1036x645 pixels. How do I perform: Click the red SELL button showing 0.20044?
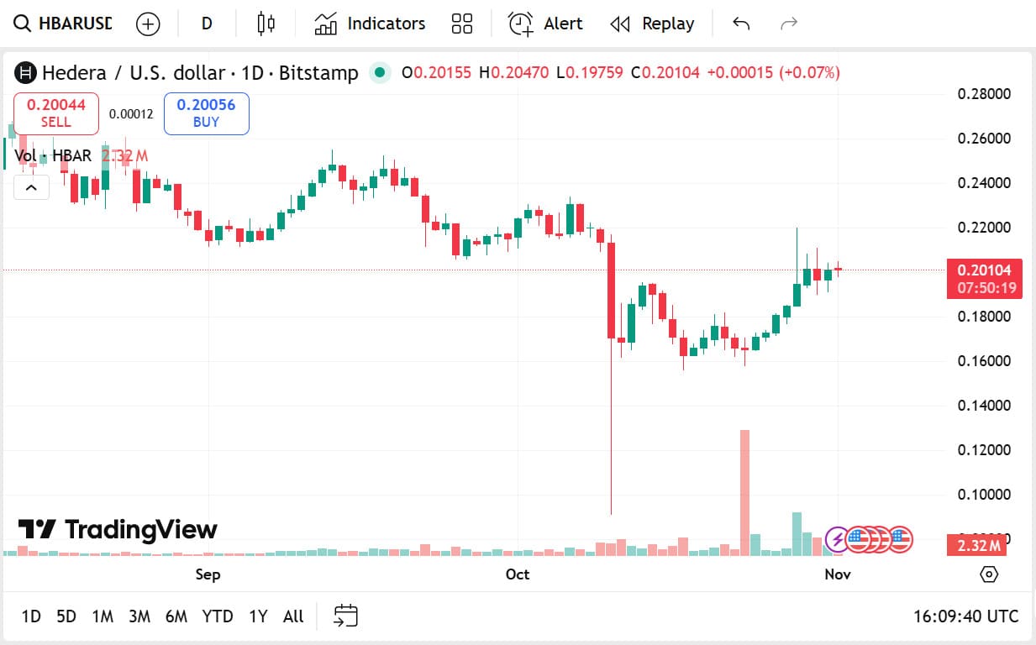[56, 113]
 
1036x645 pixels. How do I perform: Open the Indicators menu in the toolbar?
[370, 24]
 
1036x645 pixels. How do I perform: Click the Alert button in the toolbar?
[545, 24]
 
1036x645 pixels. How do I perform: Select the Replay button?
[652, 24]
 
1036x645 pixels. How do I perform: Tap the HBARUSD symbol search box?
[64, 24]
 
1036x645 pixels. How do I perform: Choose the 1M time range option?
[103, 616]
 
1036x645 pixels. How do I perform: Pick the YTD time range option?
[218, 616]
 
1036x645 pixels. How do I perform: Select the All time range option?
[293, 616]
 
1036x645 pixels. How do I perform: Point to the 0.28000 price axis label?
[984, 93]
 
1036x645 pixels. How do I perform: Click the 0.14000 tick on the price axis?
[984, 406]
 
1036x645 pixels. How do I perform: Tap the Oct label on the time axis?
[518, 574]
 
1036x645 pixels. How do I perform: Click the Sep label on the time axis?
[208, 574]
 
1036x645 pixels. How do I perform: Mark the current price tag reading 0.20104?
[984, 270]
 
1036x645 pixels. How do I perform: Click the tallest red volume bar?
[744, 491]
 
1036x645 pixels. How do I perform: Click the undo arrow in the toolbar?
[741, 24]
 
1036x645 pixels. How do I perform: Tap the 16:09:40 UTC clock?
[965, 616]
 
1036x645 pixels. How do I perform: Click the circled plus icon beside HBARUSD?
[148, 24]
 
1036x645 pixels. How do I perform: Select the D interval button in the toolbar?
[207, 24]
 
